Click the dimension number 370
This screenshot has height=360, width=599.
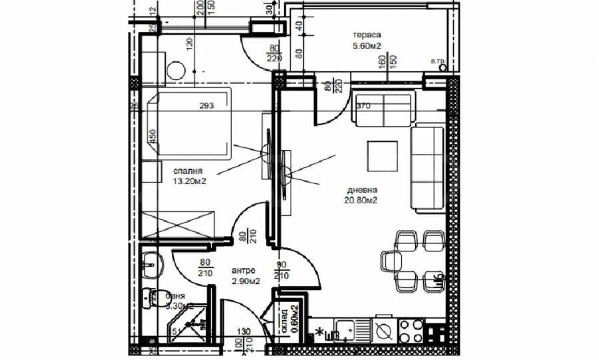[x=363, y=105]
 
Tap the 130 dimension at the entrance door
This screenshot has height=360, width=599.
[x=245, y=331]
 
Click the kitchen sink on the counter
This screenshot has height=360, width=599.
[x=352, y=329]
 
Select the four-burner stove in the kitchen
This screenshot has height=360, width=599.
[x=412, y=329]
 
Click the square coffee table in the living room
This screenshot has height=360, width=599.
[x=384, y=156]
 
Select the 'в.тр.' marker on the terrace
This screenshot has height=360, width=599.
[x=439, y=62]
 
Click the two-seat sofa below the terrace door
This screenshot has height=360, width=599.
[x=381, y=109]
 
